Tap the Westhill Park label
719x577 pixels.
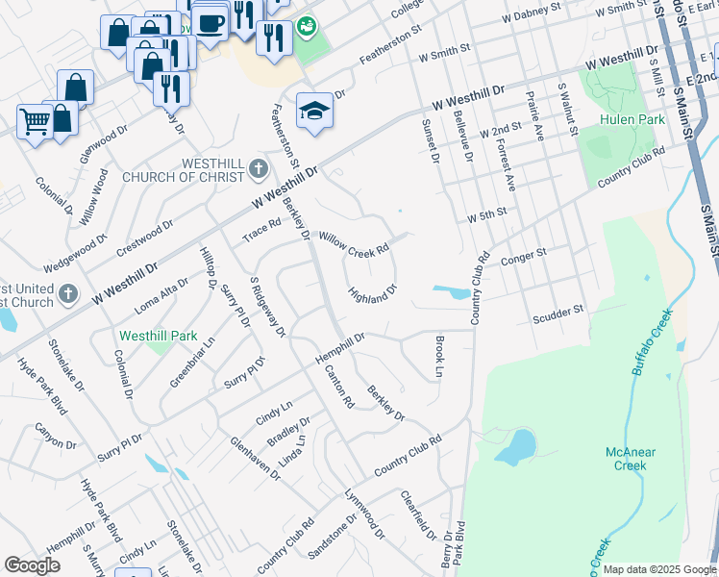pos(158,337)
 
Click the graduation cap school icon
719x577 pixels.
pos(314,112)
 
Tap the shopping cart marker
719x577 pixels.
pos(35,122)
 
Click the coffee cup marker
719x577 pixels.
pos(210,21)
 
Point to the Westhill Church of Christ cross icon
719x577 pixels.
pos(257,170)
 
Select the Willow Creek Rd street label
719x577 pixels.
pos(354,242)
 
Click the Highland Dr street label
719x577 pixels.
pos(372,293)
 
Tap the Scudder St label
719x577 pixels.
pos(558,314)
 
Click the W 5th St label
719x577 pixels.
pos(486,218)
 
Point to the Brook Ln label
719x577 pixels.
pos(439,356)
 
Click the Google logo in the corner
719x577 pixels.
pos(32,565)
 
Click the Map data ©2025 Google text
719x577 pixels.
pos(659,569)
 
